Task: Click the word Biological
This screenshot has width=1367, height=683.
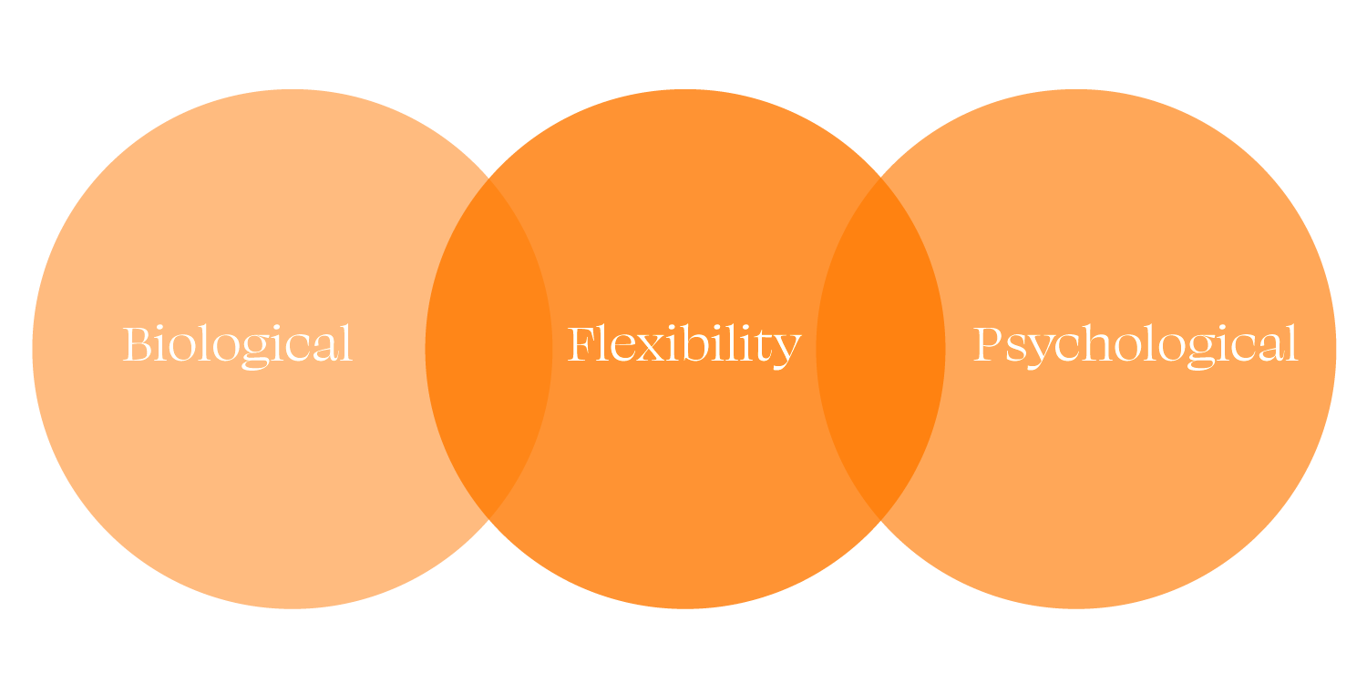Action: click(237, 344)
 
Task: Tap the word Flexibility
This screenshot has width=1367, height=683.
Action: click(683, 344)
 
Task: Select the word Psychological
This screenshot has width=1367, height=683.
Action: click(1135, 344)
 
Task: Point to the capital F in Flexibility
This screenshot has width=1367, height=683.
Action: click(581, 344)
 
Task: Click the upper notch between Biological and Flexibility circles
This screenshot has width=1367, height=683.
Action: click(489, 176)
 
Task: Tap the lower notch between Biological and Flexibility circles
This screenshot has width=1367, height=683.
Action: click(489, 520)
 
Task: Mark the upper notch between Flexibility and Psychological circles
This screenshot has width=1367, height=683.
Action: click(880, 176)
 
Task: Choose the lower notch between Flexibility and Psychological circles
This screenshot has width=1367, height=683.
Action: click(880, 520)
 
